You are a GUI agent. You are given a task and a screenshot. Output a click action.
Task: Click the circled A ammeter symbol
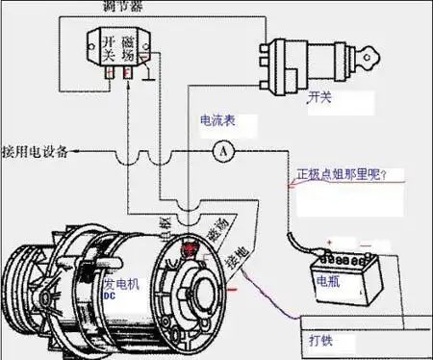[222, 151]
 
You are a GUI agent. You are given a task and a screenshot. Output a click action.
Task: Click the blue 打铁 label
[321, 340]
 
